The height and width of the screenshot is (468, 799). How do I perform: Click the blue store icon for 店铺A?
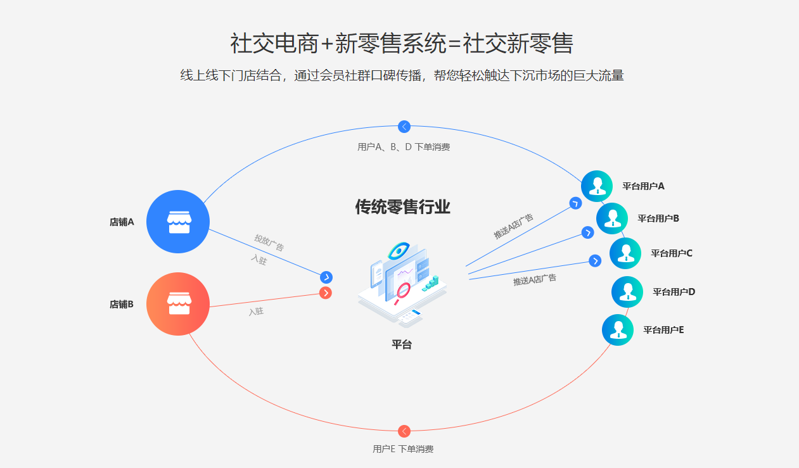(178, 221)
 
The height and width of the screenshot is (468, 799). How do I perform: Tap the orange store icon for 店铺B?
(178, 303)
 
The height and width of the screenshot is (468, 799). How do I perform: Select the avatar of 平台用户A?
(597, 186)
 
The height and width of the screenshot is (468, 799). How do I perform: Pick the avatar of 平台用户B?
(612, 218)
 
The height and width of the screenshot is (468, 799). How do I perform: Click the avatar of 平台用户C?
(625, 253)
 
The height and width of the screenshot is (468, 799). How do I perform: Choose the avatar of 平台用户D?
(627, 292)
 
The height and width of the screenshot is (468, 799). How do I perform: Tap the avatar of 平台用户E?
(618, 330)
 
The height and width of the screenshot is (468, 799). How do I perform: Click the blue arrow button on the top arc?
(404, 127)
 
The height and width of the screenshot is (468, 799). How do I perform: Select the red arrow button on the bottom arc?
(404, 431)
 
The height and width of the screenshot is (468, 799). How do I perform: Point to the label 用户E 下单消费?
(403, 449)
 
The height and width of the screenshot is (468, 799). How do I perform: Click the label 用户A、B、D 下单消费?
(404, 147)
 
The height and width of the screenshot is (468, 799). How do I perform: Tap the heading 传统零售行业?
(402, 207)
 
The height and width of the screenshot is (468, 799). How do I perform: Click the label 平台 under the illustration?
(402, 345)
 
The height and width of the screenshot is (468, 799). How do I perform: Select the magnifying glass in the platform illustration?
(403, 290)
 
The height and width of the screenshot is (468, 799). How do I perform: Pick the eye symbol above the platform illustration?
(399, 251)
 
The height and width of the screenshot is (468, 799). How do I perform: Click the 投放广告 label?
(269, 243)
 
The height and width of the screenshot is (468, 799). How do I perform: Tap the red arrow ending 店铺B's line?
(326, 293)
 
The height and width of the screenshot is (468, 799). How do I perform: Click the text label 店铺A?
(122, 222)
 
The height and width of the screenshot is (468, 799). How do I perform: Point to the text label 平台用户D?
(674, 292)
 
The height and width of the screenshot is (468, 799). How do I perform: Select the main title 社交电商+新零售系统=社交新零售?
(402, 44)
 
